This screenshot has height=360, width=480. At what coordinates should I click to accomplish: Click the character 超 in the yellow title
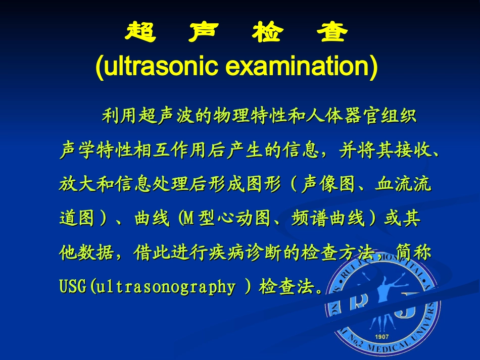pos(140,33)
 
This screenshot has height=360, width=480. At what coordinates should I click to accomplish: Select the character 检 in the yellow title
pos(268,33)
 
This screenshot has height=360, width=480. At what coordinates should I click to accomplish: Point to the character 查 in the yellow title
pos(331,33)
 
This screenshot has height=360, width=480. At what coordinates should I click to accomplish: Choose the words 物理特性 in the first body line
pos(250,116)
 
